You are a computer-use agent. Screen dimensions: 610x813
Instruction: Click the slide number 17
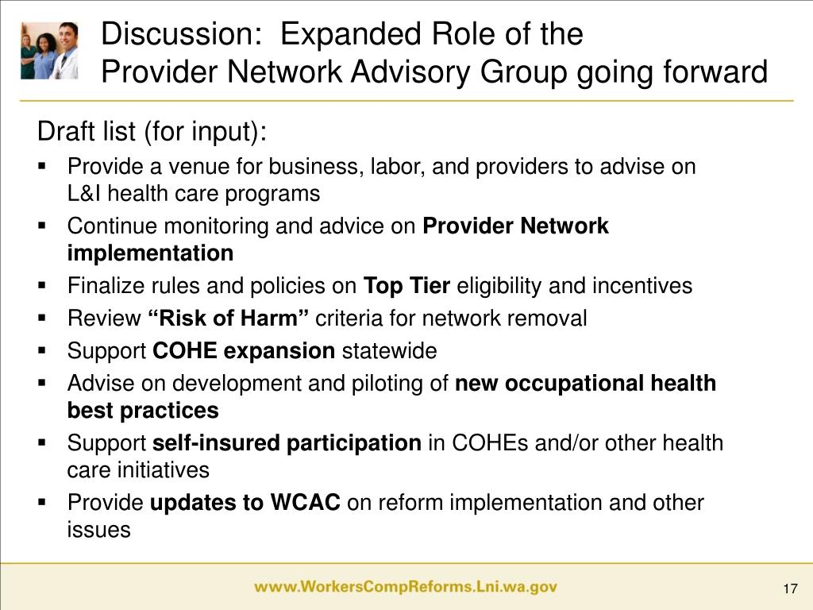click(789, 588)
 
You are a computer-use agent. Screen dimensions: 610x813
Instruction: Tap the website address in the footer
click(406, 588)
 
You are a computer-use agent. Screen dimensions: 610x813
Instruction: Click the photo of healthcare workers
click(50, 49)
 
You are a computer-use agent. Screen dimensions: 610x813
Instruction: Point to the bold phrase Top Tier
click(406, 286)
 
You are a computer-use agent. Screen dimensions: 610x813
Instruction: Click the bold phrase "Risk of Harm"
click(229, 319)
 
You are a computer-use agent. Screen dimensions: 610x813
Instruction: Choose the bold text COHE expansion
click(244, 351)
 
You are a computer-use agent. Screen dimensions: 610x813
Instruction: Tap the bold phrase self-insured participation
click(287, 442)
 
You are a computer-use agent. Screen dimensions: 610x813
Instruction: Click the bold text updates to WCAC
click(245, 503)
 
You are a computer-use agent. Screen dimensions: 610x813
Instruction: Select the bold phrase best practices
click(143, 411)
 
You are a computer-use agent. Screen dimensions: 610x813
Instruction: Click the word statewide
click(389, 351)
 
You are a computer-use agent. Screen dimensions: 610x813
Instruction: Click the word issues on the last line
click(98, 530)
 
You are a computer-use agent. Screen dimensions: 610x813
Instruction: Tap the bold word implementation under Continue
click(150, 253)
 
